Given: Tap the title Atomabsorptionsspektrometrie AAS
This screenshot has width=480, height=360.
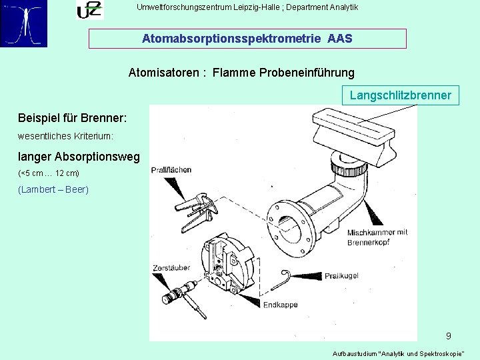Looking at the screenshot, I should (247, 39).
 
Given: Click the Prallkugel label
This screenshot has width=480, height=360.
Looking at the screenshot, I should (342, 275).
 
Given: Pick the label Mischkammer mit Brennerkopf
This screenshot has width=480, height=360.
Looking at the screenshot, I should (377, 237).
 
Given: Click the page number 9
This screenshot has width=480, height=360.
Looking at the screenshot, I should (449, 336).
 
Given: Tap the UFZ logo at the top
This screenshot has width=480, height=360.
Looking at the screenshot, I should (89, 10).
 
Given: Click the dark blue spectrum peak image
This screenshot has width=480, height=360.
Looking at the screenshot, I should (24, 23).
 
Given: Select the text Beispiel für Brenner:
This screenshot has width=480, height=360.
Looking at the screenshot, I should (73, 118).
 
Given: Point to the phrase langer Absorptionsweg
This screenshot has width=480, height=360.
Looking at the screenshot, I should (79, 157).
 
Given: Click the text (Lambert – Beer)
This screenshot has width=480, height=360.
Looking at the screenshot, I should (53, 189).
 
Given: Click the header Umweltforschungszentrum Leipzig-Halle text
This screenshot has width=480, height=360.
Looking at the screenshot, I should (247, 7).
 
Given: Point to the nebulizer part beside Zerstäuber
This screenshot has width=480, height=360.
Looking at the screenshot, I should (183, 293).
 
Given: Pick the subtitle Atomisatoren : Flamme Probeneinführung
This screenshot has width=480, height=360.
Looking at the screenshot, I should (241, 72).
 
